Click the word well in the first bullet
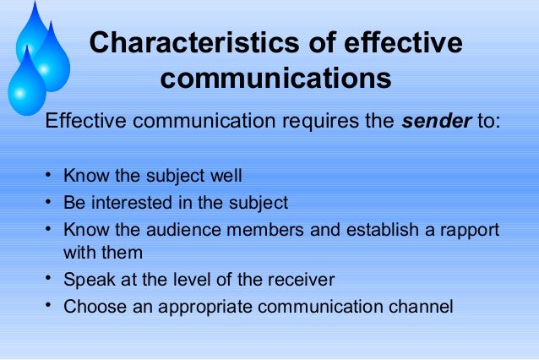226,177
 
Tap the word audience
187,230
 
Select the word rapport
465,230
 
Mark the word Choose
95,307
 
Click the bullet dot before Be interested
50,203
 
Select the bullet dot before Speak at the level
50,280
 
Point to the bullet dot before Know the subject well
50,177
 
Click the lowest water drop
27,85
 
